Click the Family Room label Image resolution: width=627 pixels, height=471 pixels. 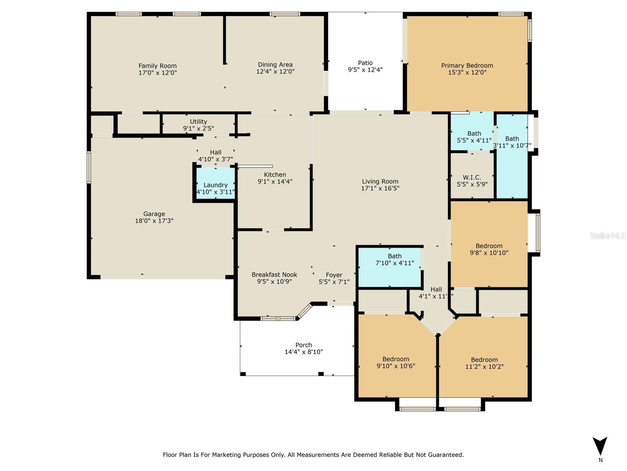point(158,66)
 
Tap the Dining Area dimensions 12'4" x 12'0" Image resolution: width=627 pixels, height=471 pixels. point(275,71)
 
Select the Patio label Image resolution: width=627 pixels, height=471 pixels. point(365,63)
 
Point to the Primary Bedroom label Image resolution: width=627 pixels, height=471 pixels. point(467,66)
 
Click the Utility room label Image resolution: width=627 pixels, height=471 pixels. point(198,122)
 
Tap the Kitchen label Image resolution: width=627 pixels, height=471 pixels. point(275,174)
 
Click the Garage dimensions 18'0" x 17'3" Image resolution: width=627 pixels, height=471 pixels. point(154,221)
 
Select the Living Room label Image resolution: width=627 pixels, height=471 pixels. point(380,181)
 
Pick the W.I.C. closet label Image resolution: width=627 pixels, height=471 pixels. point(472,177)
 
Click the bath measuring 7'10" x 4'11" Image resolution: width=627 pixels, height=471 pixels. point(390,267)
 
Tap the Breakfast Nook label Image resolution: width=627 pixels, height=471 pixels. point(274,274)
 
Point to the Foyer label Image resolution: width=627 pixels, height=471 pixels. point(334,275)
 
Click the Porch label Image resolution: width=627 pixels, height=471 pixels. point(304,345)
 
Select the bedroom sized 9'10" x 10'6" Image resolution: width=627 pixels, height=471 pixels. point(396,361)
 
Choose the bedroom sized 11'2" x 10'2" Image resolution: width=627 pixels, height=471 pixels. point(484,360)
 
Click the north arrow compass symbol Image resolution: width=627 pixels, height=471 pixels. point(600,446)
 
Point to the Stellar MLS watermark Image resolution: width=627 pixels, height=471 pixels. point(607,236)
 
